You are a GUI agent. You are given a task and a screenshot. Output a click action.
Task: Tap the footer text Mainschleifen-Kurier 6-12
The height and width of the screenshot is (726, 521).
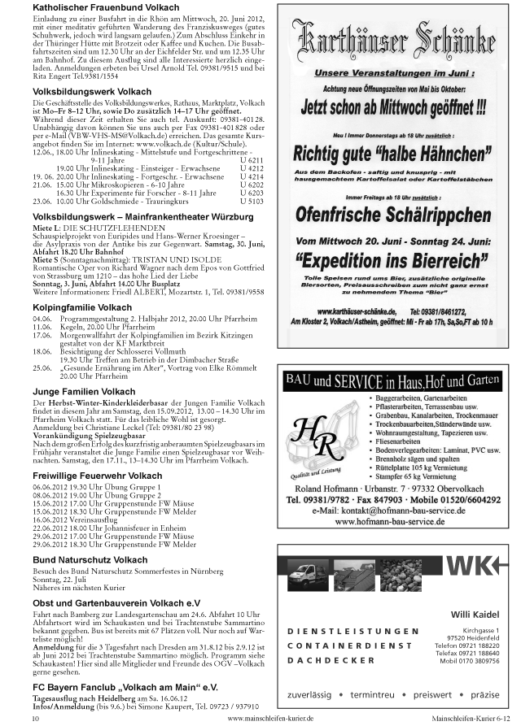(x=471, y=719)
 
